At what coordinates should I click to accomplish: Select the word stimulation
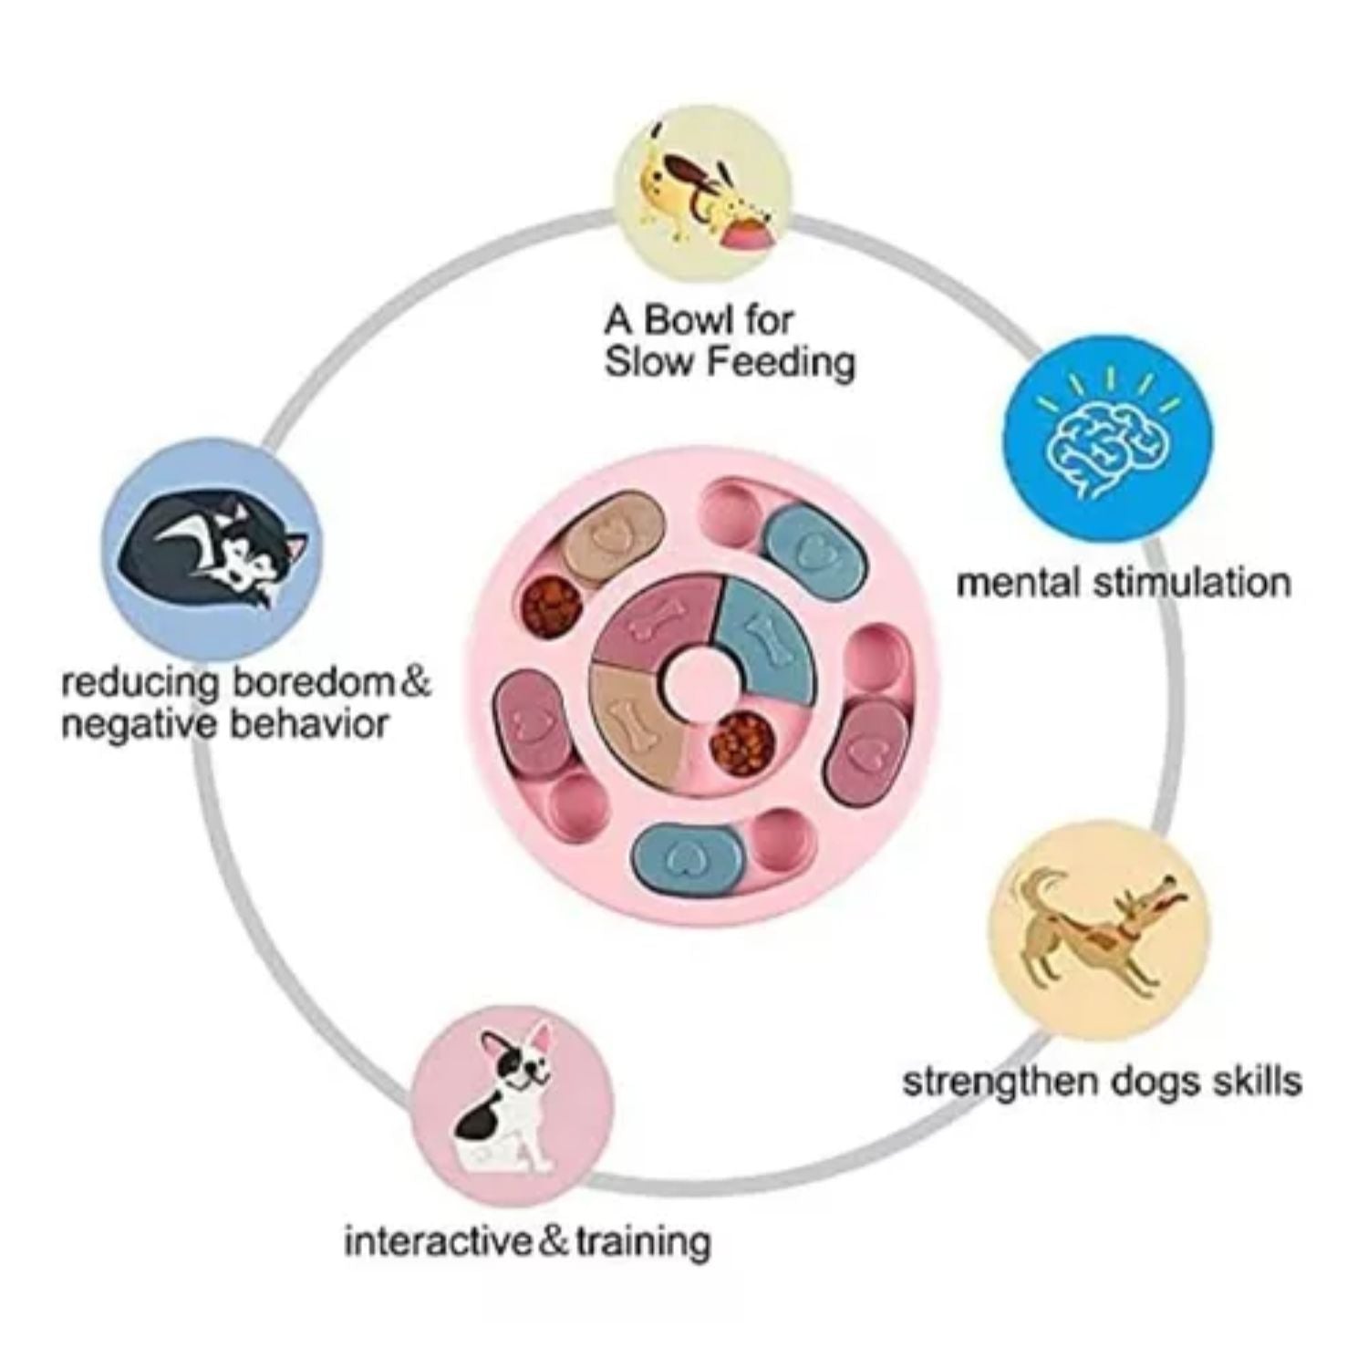pos(1191,582)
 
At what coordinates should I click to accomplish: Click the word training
pos(641,1241)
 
